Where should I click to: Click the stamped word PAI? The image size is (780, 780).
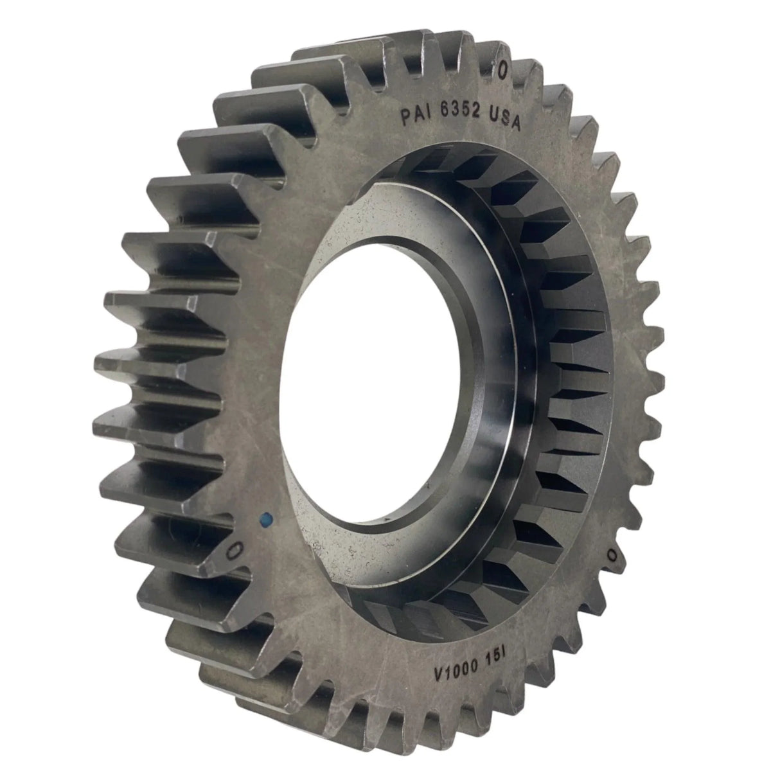[415, 116]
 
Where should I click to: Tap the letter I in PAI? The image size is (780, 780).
[427, 116]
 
